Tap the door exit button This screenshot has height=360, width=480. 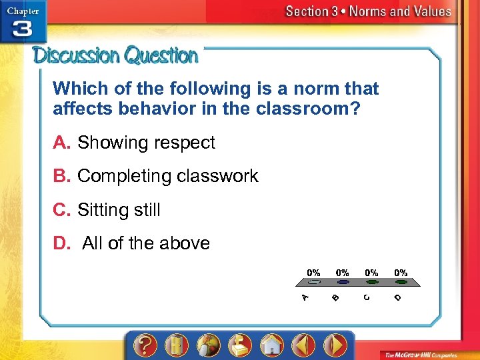[x=176, y=346]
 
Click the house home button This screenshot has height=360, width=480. [x=272, y=346]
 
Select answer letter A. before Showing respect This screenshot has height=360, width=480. [x=63, y=143]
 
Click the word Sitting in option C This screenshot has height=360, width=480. [x=101, y=210]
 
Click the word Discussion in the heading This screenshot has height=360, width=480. [x=77, y=55]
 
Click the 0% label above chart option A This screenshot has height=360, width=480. [x=313, y=273]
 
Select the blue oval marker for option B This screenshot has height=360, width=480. [x=342, y=282]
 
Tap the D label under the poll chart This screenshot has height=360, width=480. [x=397, y=297]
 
